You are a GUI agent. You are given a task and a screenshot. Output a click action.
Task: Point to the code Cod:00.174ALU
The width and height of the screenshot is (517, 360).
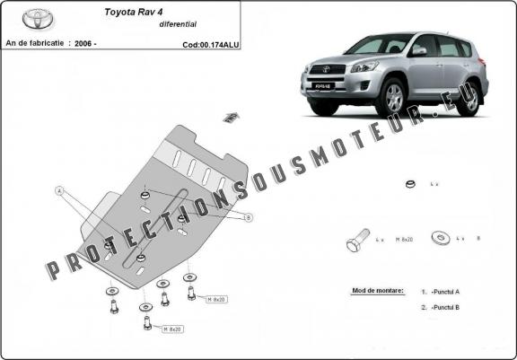pos(210,43)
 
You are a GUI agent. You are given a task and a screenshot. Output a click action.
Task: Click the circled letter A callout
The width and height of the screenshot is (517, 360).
pos(60,190)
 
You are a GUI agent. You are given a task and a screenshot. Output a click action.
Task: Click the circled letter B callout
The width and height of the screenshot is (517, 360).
pos(248,217)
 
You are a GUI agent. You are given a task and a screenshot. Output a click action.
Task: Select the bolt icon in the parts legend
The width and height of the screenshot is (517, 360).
pos(356,241)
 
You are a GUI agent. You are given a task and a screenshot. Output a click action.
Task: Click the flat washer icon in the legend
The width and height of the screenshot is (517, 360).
pos(441,239)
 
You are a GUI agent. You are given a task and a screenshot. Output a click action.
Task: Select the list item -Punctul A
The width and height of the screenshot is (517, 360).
pos(445,292)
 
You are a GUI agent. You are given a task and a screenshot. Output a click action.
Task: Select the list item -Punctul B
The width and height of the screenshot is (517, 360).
pos(445,308)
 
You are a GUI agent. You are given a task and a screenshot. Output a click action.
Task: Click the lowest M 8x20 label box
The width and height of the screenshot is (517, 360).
pos(172,329)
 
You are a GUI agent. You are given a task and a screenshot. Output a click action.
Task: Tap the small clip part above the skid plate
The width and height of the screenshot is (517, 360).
pos(231,116)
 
